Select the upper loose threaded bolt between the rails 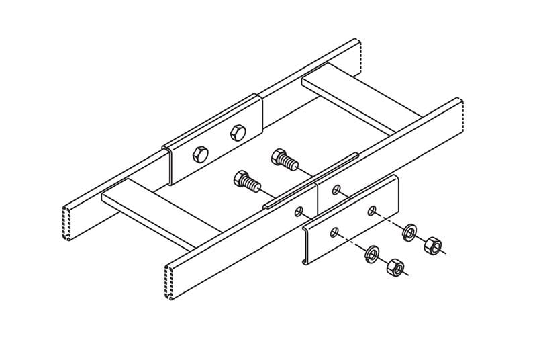283,161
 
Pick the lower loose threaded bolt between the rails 245,180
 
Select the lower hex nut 395,269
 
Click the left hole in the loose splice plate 334,233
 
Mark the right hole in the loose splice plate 371,211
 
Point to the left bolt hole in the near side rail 299,212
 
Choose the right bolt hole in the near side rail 336,190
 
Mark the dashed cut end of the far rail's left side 68,222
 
